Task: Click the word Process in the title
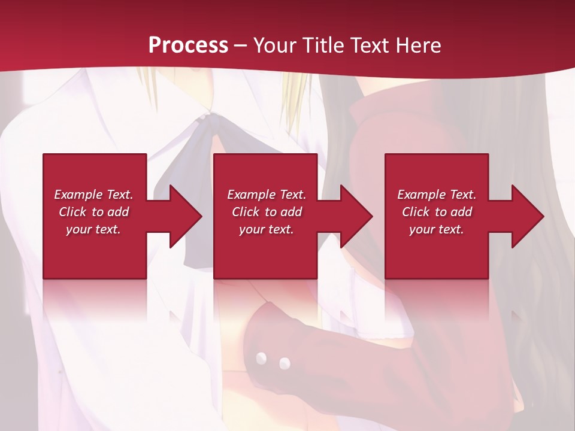[188, 45]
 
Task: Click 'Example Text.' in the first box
[93, 195]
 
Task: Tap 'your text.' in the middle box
[266, 229]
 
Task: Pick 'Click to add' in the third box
[437, 212]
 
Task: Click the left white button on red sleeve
[261, 358]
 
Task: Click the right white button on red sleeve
[285, 363]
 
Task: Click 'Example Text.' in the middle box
[266, 195]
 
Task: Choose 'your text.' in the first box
[93, 229]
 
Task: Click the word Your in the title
[276, 45]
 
